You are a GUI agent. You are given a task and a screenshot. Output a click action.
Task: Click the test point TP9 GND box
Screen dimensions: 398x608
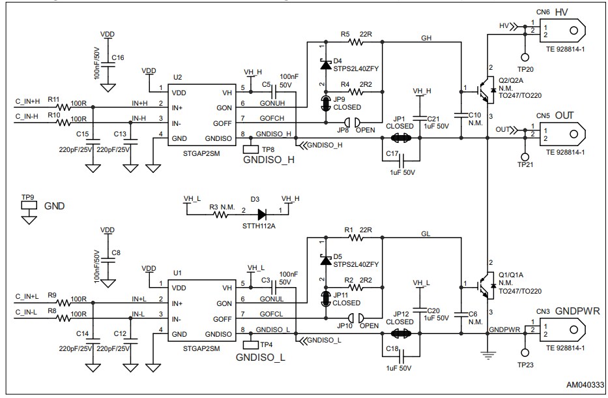(x=29, y=204)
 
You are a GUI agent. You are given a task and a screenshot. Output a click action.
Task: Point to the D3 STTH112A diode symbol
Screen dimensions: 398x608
(x=262, y=213)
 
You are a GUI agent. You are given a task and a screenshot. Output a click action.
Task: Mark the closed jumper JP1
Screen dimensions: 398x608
(x=399, y=138)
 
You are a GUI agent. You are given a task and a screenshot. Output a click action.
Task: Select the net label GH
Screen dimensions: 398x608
(x=427, y=38)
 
